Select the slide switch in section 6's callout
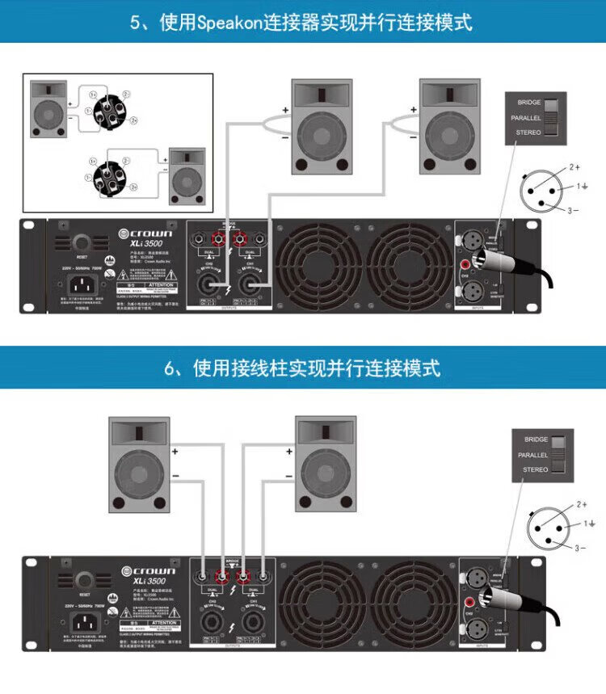tap(564, 455)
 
